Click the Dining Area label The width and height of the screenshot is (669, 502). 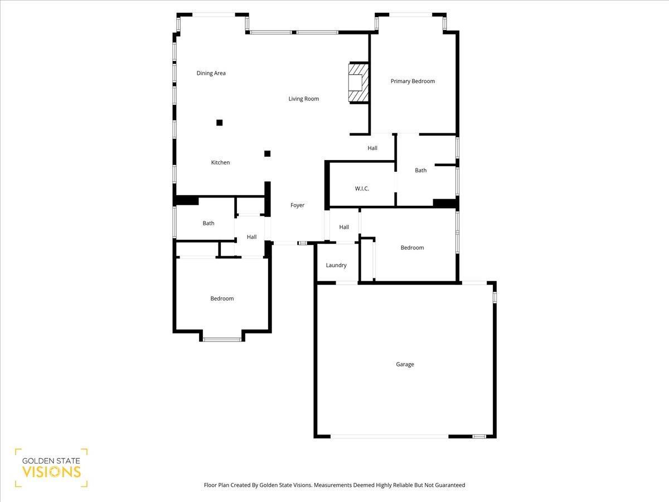point(211,73)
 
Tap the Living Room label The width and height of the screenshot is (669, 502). point(304,99)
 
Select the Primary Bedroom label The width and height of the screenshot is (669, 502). point(413,81)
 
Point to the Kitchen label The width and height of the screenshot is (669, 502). point(220,162)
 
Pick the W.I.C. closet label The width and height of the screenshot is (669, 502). point(362,189)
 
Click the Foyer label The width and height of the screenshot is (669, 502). point(297,205)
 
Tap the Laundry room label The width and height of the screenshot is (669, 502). point(336,266)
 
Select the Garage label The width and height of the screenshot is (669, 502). point(405,364)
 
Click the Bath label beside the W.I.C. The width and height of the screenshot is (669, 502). point(420,170)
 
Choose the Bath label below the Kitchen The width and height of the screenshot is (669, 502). point(208,223)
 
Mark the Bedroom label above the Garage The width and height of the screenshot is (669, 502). point(412,248)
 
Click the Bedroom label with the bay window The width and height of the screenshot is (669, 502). point(222,298)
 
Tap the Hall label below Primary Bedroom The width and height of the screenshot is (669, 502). point(372,148)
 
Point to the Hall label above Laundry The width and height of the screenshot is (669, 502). point(344,227)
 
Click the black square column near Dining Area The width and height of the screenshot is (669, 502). point(220,123)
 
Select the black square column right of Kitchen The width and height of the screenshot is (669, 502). point(268,153)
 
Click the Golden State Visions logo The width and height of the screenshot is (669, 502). point(51,467)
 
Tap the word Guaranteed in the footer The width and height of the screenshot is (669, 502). point(449,485)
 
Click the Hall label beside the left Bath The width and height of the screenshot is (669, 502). point(251,237)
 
